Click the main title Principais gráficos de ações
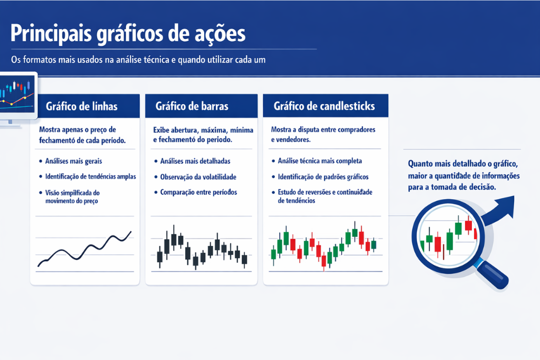[128, 33]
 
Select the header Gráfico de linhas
[82, 106]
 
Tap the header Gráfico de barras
[192, 106]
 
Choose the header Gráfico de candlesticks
[324, 106]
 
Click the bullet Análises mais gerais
[74, 161]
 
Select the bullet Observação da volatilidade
[198, 176]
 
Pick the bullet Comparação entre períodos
[198, 192]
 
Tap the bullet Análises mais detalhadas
[195, 161]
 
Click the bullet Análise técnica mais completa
[320, 161]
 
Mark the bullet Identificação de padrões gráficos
[322, 176]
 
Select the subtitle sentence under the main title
[138, 60]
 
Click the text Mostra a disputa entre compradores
[322, 130]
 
